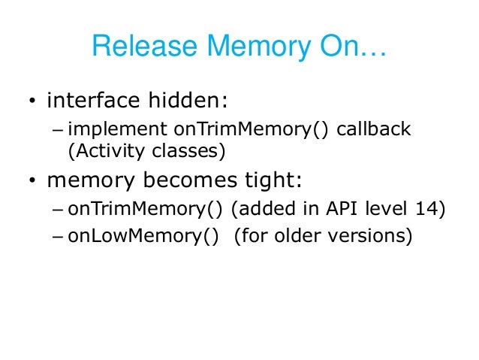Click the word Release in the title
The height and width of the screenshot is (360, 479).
point(137,49)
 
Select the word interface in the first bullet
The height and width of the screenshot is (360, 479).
point(93,100)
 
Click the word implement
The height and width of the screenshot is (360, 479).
point(112,129)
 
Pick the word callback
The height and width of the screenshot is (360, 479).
point(374,129)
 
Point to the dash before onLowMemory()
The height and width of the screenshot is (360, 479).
point(59,237)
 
